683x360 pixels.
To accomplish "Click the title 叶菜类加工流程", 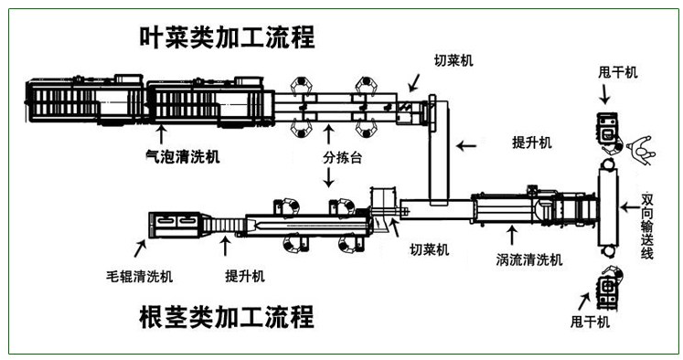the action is [x=227, y=37].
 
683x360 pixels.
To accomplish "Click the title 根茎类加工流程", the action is [x=227, y=317].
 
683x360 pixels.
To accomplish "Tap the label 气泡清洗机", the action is [x=183, y=156].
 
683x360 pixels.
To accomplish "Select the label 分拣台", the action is [x=342, y=157].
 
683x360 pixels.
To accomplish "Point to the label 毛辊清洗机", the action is [x=139, y=277].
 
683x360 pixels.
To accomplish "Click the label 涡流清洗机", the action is [x=529, y=259].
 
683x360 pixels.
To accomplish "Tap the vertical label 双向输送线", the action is [x=646, y=226].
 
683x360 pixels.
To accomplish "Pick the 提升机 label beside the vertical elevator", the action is [x=532, y=143].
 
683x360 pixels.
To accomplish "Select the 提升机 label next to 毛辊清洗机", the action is [x=245, y=276].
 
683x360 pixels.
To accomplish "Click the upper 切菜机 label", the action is [x=454, y=60].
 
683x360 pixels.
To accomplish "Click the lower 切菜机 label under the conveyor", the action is [x=430, y=249].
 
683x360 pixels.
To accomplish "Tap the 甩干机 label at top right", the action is [x=618, y=72].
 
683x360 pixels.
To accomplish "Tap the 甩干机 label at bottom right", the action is [x=591, y=322].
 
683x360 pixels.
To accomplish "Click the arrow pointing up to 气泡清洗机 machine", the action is [x=161, y=134].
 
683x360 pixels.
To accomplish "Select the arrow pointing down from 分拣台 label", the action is [x=329, y=177].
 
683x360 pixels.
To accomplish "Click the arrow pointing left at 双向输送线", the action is [x=629, y=207].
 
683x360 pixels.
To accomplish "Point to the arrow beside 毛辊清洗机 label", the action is [x=140, y=249].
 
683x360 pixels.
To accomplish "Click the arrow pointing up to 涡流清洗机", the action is [x=512, y=235].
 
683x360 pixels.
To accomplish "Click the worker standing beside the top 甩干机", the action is [x=641, y=150].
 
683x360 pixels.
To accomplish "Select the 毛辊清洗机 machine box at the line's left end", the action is [x=175, y=225].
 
